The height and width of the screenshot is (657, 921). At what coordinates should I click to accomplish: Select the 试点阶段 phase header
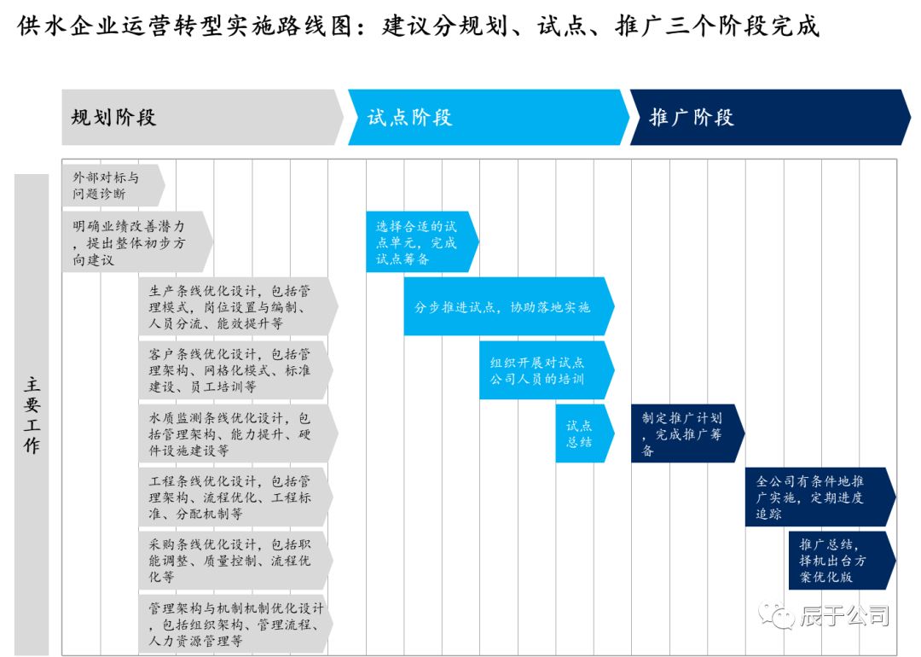486,117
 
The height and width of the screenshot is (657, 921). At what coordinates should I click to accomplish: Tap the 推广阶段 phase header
767,117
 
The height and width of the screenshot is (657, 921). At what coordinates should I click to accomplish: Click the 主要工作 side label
32,416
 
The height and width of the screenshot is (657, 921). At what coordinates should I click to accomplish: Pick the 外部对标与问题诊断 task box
111,186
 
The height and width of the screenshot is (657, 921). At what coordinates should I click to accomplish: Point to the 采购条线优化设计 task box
235,560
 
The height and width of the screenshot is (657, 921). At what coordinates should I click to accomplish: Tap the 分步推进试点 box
507,306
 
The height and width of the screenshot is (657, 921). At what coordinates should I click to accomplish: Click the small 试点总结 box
584,433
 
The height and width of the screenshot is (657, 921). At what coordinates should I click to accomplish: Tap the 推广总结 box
839,560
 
